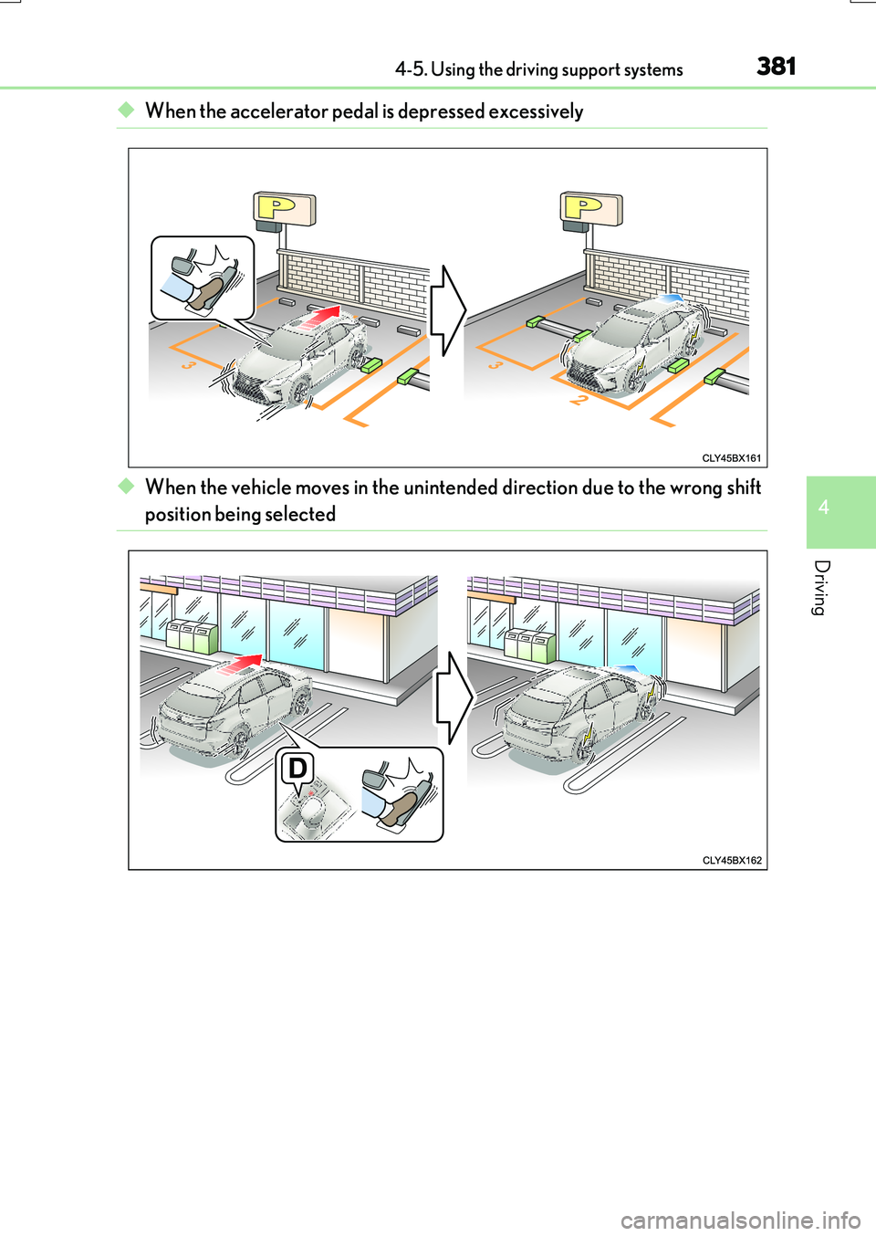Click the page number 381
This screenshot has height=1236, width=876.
(777, 67)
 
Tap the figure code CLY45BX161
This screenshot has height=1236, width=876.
(732, 458)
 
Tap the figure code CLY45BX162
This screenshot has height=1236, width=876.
(732, 860)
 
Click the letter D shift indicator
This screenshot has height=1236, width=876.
(297, 768)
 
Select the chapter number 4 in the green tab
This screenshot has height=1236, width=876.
(824, 508)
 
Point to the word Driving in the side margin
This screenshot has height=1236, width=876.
(822, 588)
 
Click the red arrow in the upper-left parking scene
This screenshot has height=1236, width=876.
(320, 318)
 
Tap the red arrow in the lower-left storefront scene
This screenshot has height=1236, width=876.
(241, 664)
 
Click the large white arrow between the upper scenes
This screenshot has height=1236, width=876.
(448, 310)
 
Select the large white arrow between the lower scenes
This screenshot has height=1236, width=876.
(454, 697)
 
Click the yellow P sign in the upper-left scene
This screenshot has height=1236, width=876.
(284, 208)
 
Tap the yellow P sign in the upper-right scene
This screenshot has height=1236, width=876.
(590, 208)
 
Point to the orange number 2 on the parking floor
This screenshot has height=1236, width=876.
(577, 398)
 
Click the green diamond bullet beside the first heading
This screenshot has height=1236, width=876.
(126, 110)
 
